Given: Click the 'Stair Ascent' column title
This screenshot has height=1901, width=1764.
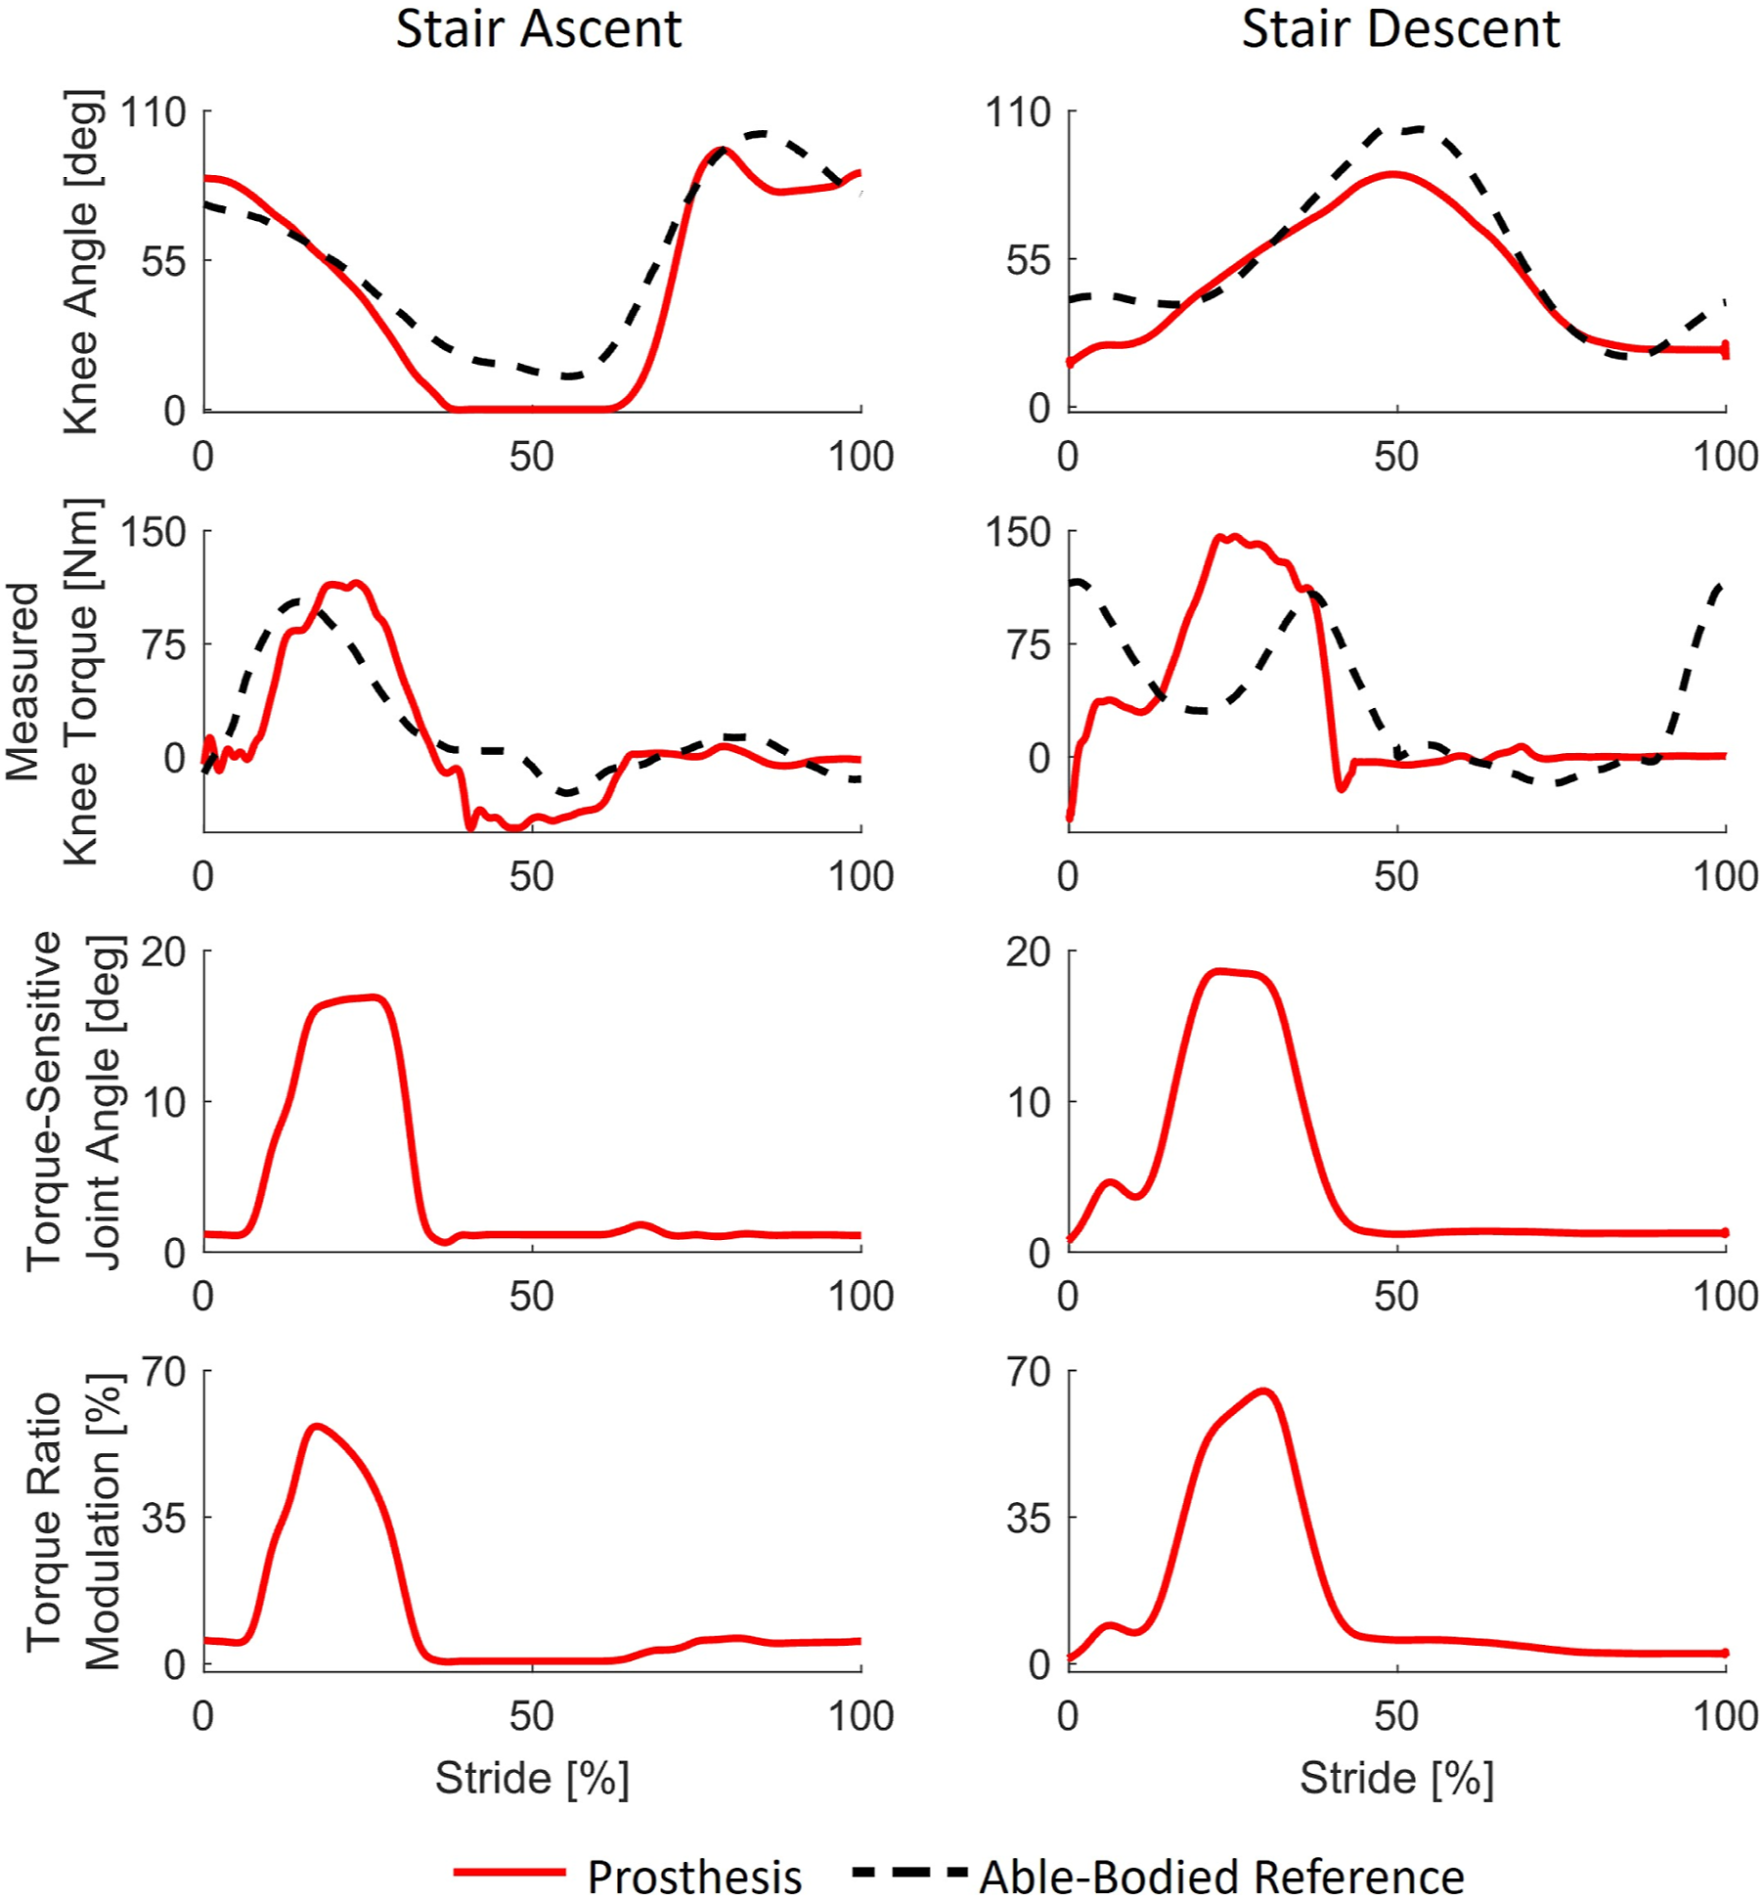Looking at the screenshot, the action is coord(539,28).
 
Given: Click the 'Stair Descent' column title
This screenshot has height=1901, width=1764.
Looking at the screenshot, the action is coord(1400,28).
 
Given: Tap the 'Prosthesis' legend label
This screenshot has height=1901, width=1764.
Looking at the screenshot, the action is coord(694,1877).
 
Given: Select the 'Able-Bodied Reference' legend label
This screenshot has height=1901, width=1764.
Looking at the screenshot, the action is coord(1222,1877).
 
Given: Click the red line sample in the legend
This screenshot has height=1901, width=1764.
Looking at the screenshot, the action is coord(509,1873).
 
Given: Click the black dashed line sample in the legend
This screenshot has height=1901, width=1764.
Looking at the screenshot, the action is coord(909,1873).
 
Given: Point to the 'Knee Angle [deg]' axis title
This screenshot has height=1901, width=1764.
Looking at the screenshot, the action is coord(81,262).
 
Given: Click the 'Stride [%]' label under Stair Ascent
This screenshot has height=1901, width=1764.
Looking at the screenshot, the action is coord(532,1778).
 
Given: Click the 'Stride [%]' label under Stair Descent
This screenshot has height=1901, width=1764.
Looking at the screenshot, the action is coord(1396,1778).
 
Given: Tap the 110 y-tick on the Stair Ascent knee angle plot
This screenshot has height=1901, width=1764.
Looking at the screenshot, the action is coord(153,112).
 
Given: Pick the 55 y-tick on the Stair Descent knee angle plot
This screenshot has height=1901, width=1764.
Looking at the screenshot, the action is coord(1028,261).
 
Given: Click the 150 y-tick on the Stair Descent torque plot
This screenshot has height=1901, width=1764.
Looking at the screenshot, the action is coord(1018,533).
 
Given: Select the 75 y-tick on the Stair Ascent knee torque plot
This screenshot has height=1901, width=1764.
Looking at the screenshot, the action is coord(163,645).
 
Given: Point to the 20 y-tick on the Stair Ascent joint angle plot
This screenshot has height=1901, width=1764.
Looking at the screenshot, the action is coord(163,951).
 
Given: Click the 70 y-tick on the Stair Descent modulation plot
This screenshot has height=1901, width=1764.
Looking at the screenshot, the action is coord(1028,1372).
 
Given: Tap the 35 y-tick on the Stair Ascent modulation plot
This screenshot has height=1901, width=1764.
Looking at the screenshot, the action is coord(163,1519).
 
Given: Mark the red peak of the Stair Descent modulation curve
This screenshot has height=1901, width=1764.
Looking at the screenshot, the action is coord(1264,1392).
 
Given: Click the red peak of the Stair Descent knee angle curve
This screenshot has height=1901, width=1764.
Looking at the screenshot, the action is coord(1392,175).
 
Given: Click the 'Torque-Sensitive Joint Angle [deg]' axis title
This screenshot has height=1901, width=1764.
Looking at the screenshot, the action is coord(74,1101).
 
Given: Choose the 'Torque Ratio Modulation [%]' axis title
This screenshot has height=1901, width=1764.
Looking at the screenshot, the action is coord(74,1522).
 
